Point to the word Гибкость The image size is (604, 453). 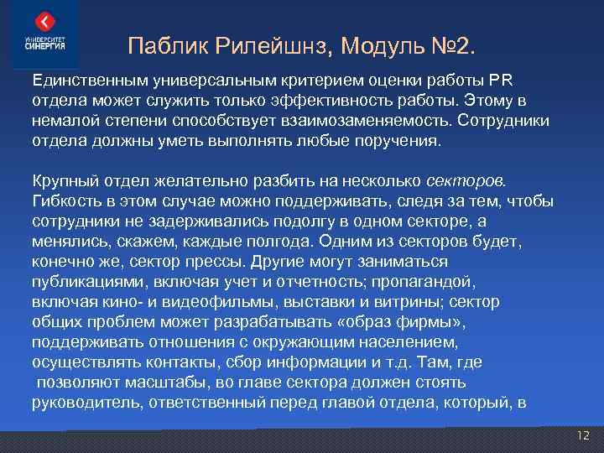point(66,201)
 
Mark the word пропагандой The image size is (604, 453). point(432,282)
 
